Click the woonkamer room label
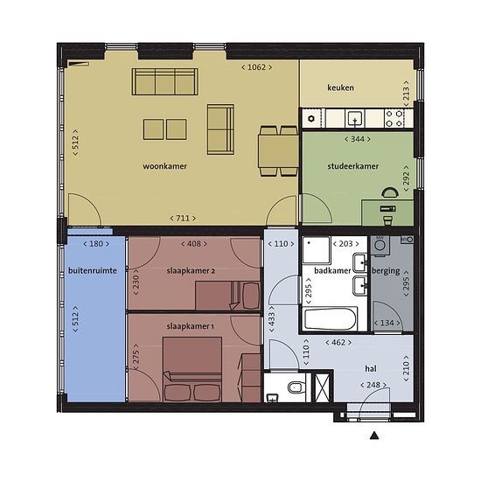pyautogui.click(x=164, y=166)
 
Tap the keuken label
pyautogui.click(x=340, y=87)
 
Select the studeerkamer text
pyautogui.click(x=353, y=166)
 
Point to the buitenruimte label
pyautogui.click(x=93, y=271)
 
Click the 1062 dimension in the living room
pyautogui.click(x=256, y=67)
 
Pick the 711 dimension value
pyautogui.click(x=183, y=218)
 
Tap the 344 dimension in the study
pyautogui.click(x=358, y=139)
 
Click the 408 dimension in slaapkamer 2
pyautogui.click(x=194, y=244)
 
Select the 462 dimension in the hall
pyautogui.click(x=338, y=342)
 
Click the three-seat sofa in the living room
pyautogui.click(x=164, y=81)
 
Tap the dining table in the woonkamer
pyautogui.click(x=278, y=150)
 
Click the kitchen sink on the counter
pyautogui.click(x=355, y=118)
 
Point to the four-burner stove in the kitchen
pyautogui.click(x=394, y=118)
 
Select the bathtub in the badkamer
pyautogui.click(x=331, y=318)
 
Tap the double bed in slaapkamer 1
pyautogui.click(x=192, y=369)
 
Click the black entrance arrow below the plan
pyautogui.click(x=374, y=436)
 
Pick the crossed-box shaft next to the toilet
pyautogui.click(x=322, y=387)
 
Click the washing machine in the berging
pyautogui.click(x=380, y=246)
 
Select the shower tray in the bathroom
pyautogui.click(x=317, y=250)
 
